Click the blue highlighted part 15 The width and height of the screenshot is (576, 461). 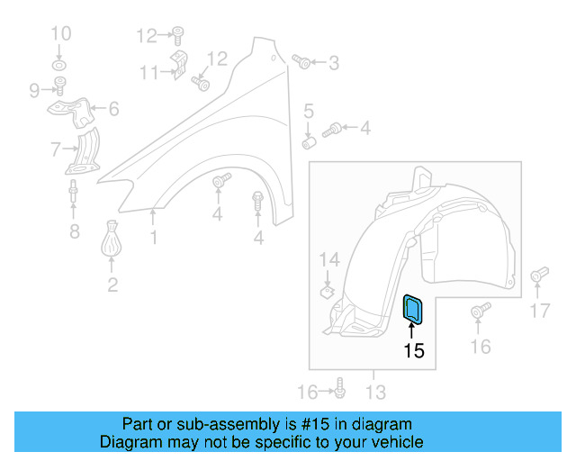point(413,309)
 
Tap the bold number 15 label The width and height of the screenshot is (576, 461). point(413,350)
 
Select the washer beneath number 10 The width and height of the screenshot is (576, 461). point(60,68)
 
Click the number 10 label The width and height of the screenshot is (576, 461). point(60,35)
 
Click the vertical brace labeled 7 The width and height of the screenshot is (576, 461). point(85,151)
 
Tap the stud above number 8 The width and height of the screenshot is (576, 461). point(72,194)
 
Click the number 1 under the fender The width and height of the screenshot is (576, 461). point(154,238)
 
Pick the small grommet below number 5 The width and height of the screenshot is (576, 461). point(309,141)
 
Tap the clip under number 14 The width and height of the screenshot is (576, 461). point(328,291)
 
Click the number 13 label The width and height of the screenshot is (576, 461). point(374,392)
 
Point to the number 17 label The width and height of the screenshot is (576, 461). point(538,311)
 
